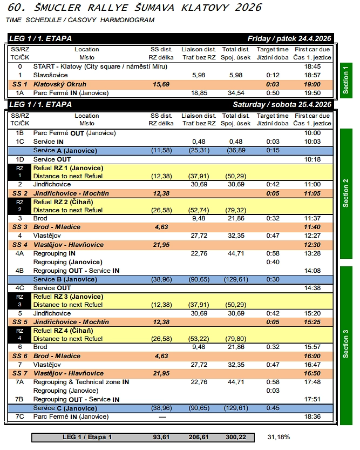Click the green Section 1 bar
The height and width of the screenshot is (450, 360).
pyautogui.click(x=346, y=79)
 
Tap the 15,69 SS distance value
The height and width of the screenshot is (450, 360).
pyautogui.click(x=161, y=84)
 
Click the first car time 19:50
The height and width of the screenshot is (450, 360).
pyautogui.click(x=313, y=93)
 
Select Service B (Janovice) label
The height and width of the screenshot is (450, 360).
pyautogui.click(x=65, y=279)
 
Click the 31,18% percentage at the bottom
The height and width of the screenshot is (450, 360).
pyautogui.click(x=279, y=436)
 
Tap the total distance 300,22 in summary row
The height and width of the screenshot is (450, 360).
pyautogui.click(x=235, y=436)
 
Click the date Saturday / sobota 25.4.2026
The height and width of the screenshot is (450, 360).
pyautogui.click(x=282, y=104)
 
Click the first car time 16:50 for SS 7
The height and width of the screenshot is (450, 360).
pyautogui.click(x=313, y=373)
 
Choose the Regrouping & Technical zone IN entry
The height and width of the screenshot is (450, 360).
pyautogui.click(x=81, y=382)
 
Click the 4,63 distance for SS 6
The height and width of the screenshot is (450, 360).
pyautogui.click(x=161, y=356)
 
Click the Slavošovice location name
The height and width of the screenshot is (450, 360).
pyautogui.click(x=51, y=75)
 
